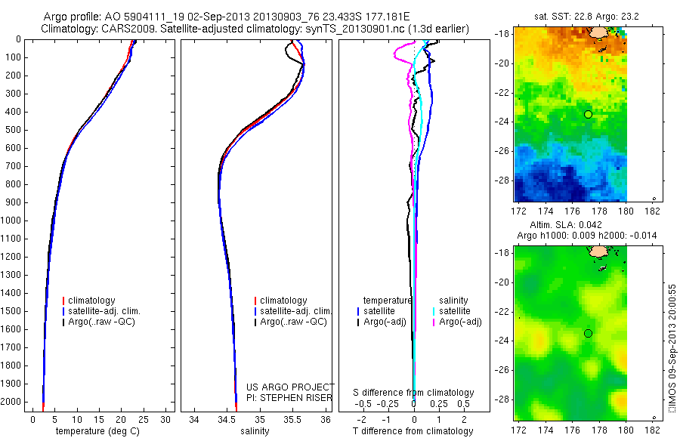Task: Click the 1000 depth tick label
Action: pyautogui.click(x=13, y=221)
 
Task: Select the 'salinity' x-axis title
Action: pyautogui.click(x=255, y=431)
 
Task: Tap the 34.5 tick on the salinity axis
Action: pyautogui.click(x=227, y=418)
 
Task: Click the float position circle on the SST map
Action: pyautogui.click(x=588, y=114)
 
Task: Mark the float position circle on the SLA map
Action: pyautogui.click(x=588, y=333)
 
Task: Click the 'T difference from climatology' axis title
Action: pyautogui.click(x=413, y=431)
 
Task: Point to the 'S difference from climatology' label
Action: pyautogui.click(x=414, y=393)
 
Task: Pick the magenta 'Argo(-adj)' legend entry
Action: pyautogui.click(x=461, y=322)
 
